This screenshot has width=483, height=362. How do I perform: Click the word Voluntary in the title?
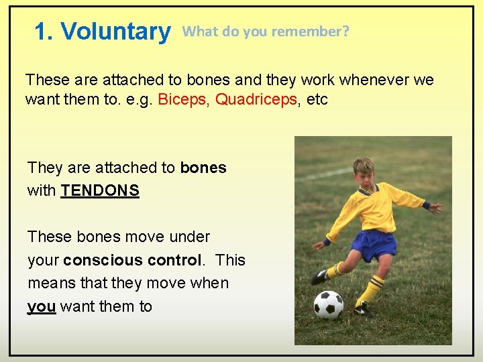tap(115, 32)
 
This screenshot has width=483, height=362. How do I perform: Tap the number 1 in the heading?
tap(42, 32)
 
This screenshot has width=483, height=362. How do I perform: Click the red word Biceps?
tap(182, 100)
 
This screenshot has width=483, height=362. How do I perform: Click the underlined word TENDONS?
tap(100, 190)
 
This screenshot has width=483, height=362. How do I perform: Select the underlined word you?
tap(42, 307)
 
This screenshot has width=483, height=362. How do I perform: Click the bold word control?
tap(176, 260)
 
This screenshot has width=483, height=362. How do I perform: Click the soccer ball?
tap(329, 305)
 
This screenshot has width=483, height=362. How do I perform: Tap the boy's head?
tap(364, 173)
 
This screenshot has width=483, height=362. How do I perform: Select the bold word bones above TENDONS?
tap(203, 168)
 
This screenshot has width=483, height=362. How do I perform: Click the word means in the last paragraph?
tap(50, 284)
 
